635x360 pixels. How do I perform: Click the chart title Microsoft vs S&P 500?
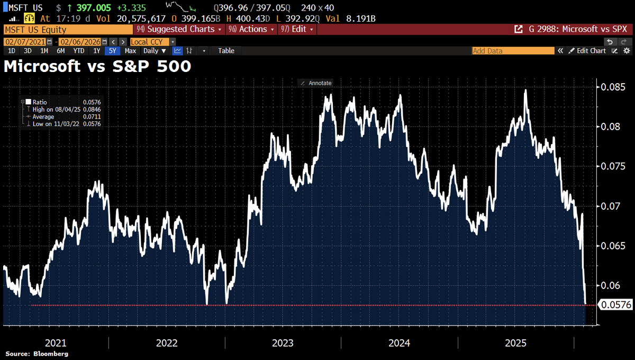click(97, 67)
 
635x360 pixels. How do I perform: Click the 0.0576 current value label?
click(615, 304)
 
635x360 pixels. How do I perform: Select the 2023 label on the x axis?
click(283, 343)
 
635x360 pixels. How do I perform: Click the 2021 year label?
click(56, 343)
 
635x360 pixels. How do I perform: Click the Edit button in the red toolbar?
click(297, 29)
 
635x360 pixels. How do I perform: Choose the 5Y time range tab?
click(112, 51)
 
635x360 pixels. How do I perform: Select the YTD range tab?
click(79, 51)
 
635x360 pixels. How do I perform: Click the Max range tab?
click(130, 51)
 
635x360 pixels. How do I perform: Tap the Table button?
click(226, 51)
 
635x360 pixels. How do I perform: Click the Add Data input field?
click(513, 51)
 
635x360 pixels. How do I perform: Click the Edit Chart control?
click(587, 51)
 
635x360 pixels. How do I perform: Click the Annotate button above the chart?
click(316, 83)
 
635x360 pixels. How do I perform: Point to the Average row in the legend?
click(43, 116)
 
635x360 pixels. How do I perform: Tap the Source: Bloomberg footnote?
click(37, 354)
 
